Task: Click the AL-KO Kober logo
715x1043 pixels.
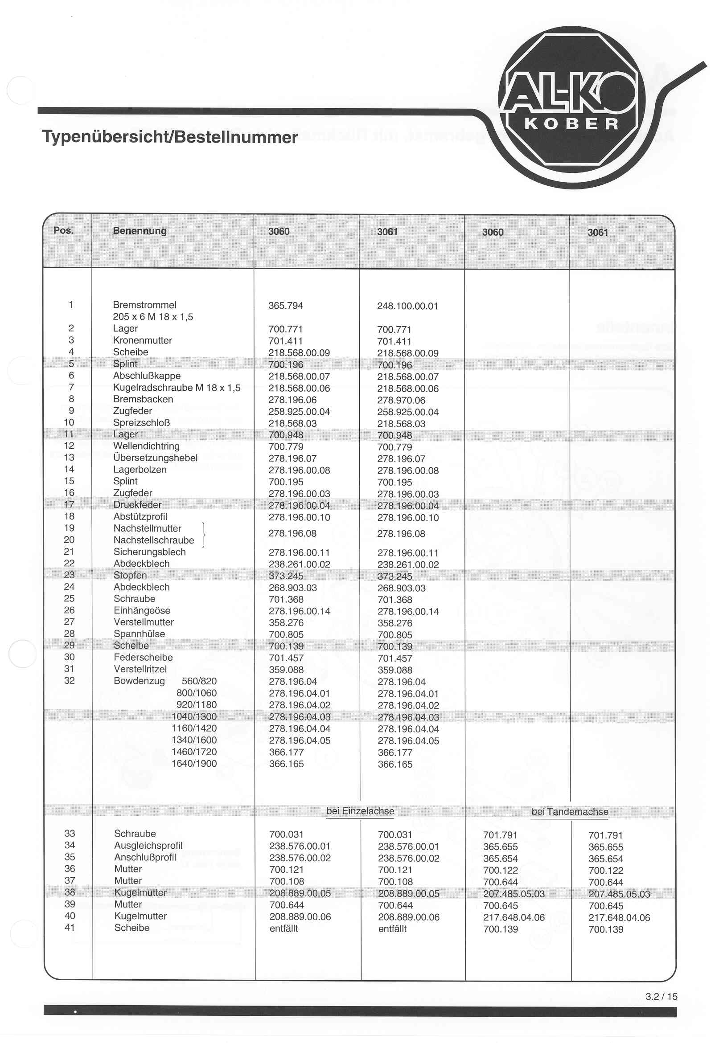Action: [571, 107]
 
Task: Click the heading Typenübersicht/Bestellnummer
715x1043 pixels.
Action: [170, 137]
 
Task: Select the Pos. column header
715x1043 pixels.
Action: [63, 230]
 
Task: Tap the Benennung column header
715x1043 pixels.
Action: [140, 231]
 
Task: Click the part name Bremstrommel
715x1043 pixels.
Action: [144, 305]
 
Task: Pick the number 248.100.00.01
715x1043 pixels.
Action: [407, 306]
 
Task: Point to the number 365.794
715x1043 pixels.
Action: [286, 306]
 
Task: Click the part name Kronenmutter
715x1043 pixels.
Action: [142, 340]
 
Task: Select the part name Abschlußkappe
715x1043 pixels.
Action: [147, 376]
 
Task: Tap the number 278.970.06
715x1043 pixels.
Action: [401, 401]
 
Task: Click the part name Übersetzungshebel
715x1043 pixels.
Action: [156, 458]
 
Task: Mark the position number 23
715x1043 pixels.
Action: [69, 575]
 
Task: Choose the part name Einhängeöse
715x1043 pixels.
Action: [142, 610]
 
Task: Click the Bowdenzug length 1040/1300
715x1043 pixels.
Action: [194, 716]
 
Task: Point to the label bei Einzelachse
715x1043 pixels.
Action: [360, 811]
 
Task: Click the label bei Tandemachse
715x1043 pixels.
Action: [570, 811]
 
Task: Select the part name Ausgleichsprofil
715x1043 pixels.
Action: [148, 846]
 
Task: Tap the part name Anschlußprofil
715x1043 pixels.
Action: [145, 857]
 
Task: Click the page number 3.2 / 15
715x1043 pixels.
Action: [661, 996]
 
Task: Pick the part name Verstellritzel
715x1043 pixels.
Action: [140, 669]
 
